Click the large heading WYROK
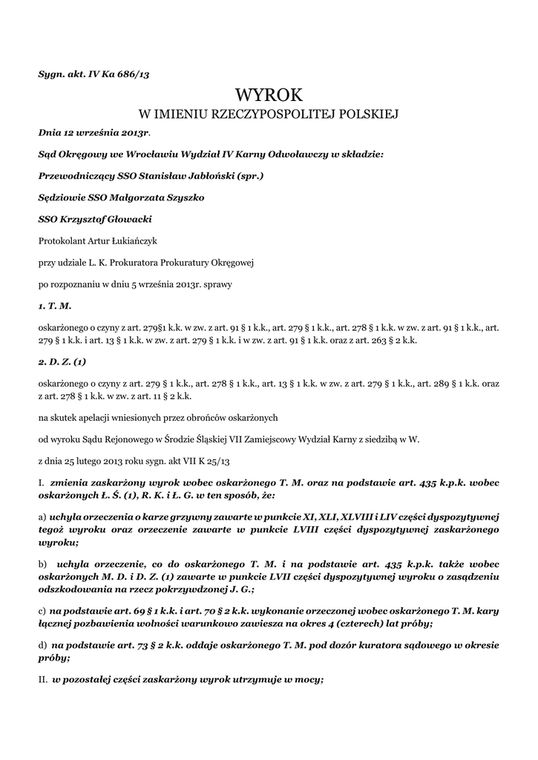click(269, 95)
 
